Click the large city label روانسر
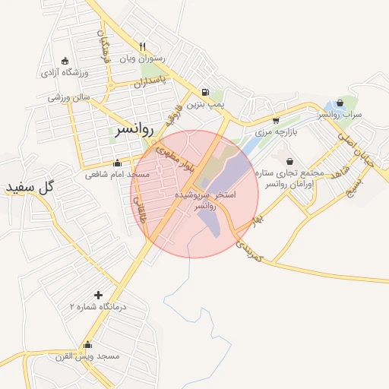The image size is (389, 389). pos(134,129)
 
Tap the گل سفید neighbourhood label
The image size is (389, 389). pos(31,187)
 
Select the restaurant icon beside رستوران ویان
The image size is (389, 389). pos(142,46)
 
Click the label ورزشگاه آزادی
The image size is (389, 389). pos(65,73)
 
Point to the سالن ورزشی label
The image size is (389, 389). pos(69,97)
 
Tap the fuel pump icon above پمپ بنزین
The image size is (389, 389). pos(206,93)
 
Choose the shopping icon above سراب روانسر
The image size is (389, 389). pos(339,103)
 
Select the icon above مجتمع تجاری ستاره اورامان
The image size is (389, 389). pos(290,161)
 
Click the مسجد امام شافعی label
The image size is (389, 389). pos(118,175)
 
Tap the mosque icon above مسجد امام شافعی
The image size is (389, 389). pos(117,163)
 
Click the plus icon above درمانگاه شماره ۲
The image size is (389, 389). pos(97,295)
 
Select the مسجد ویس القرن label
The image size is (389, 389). pos(87,356)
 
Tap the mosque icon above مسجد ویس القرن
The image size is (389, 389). pos(88,344)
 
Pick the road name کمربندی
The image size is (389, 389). pos(248,251)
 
